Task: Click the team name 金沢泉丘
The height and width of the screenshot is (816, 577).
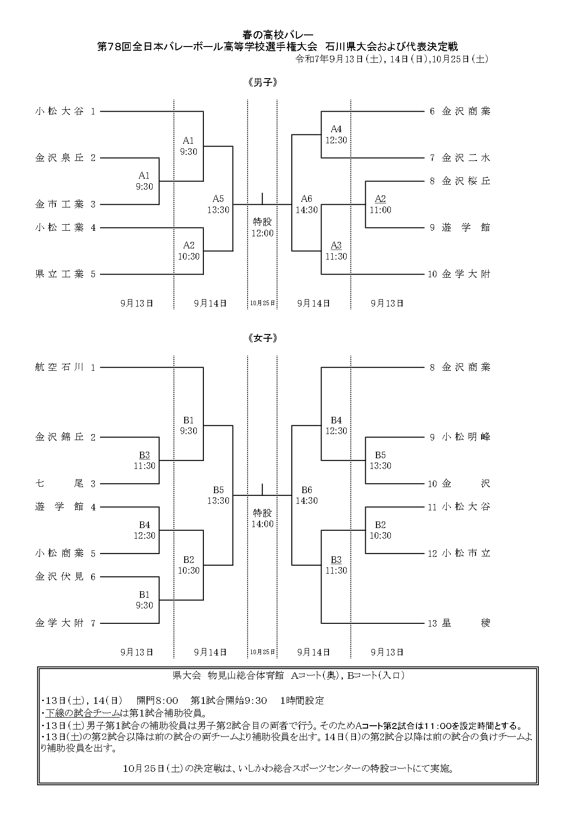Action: click(60, 158)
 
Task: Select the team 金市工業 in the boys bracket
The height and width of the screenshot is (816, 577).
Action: click(60, 204)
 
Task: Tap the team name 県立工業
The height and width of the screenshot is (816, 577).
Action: click(60, 274)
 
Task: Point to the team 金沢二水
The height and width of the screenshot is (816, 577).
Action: click(466, 158)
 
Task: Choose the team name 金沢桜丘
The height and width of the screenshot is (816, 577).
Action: click(466, 181)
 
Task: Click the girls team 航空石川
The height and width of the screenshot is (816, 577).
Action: click(60, 367)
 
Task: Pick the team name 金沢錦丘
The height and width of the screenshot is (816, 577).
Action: click(60, 437)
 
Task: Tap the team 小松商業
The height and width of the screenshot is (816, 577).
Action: click(60, 553)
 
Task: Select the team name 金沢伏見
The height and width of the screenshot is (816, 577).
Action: click(60, 576)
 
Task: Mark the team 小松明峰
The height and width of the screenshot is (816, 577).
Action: click(466, 437)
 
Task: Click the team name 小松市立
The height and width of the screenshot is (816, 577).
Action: click(466, 553)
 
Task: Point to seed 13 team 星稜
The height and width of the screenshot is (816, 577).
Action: click(466, 623)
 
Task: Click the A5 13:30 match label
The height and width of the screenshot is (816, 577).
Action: click(218, 204)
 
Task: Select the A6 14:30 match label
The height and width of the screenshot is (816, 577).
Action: click(307, 204)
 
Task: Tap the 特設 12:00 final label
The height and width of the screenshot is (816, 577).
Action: click(262, 227)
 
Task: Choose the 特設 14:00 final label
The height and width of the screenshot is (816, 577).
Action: click(263, 518)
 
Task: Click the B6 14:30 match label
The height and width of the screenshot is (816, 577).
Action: click(307, 495)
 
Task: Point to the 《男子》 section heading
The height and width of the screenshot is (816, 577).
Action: click(263, 83)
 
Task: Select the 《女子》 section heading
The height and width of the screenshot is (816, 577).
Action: click(263, 338)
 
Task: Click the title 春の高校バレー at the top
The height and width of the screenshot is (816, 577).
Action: click(278, 35)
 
